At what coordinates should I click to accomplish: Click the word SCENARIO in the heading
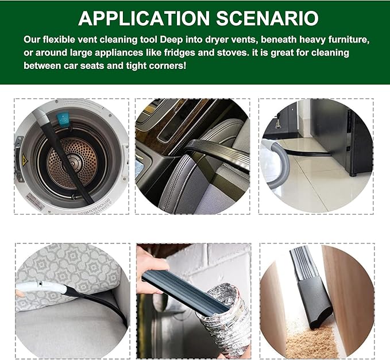268,18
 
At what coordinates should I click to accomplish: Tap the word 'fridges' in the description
180,53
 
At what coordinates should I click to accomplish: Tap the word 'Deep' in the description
171,40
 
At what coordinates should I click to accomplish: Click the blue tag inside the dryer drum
63,119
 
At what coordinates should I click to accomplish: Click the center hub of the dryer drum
72,163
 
